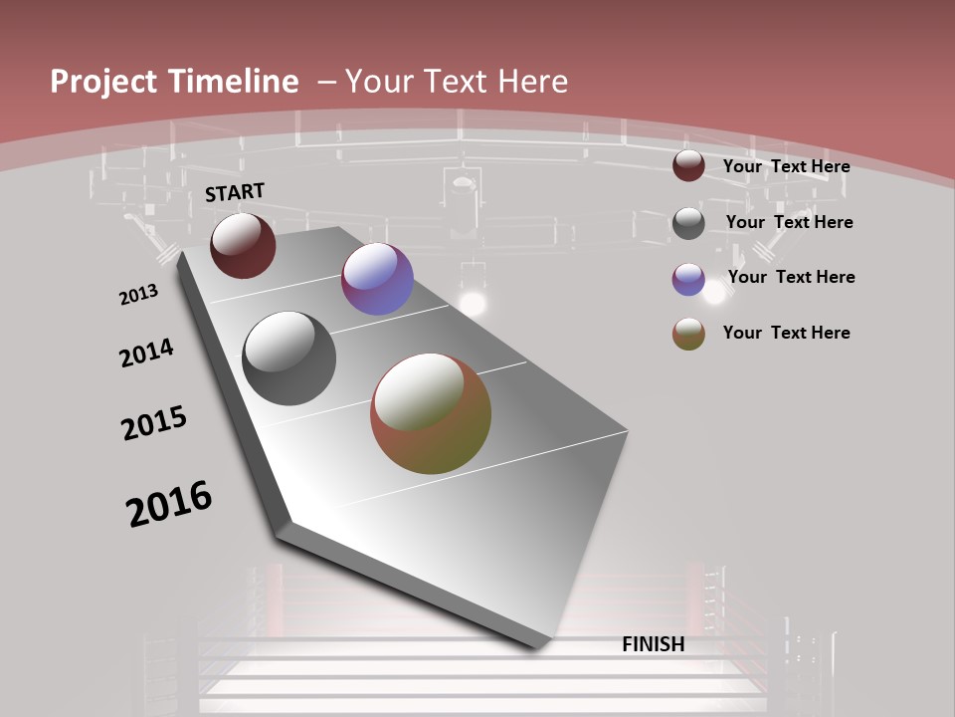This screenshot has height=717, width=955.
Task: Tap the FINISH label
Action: click(x=653, y=644)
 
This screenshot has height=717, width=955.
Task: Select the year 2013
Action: click(x=138, y=295)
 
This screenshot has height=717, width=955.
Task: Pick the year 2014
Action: click(x=146, y=353)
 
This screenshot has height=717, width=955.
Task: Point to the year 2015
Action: click(x=154, y=423)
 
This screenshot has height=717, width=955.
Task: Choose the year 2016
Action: click(x=169, y=504)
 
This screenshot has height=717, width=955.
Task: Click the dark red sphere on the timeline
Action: click(x=243, y=245)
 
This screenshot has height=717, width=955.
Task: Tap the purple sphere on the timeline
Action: click(x=377, y=279)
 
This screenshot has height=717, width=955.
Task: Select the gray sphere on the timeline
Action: click(x=289, y=358)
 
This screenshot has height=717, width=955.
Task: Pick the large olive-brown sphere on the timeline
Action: click(x=431, y=413)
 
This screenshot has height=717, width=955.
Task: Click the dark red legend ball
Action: click(x=688, y=166)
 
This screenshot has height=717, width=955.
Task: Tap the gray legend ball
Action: click(x=688, y=223)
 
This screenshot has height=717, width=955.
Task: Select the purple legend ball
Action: click(x=688, y=279)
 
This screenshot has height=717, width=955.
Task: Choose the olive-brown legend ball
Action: click(x=688, y=334)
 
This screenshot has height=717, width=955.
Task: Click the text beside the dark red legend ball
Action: click(x=786, y=166)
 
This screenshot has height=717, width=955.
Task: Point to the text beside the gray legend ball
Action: click(x=789, y=222)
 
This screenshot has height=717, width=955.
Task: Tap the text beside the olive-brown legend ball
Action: click(x=786, y=333)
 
